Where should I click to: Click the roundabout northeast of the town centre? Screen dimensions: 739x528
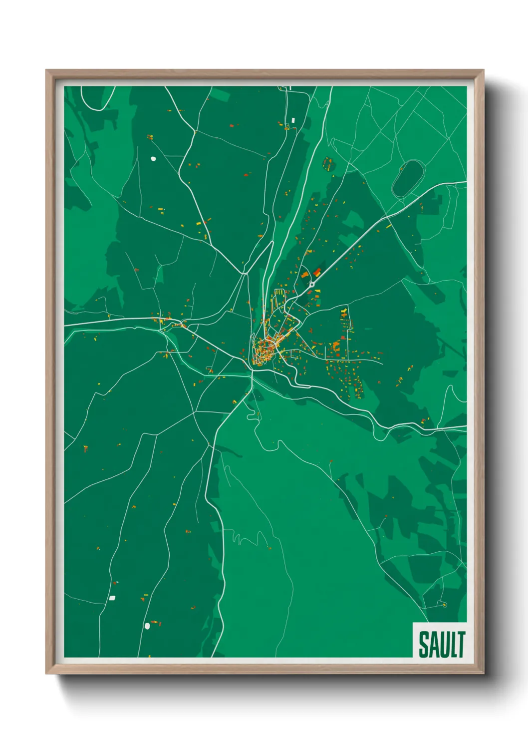312,284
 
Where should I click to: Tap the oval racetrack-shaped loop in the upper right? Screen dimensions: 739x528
408,177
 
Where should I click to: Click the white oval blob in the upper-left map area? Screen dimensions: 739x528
153,159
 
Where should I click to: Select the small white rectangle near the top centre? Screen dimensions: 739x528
293,120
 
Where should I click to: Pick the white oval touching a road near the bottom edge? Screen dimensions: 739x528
147,626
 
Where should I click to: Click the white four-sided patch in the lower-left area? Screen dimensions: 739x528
112,597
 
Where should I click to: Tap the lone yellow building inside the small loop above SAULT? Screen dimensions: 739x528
444,605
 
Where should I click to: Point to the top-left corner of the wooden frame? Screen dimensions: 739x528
47,71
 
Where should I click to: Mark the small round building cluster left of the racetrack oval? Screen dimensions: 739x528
327,164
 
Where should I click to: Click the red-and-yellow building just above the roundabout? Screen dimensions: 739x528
317,273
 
